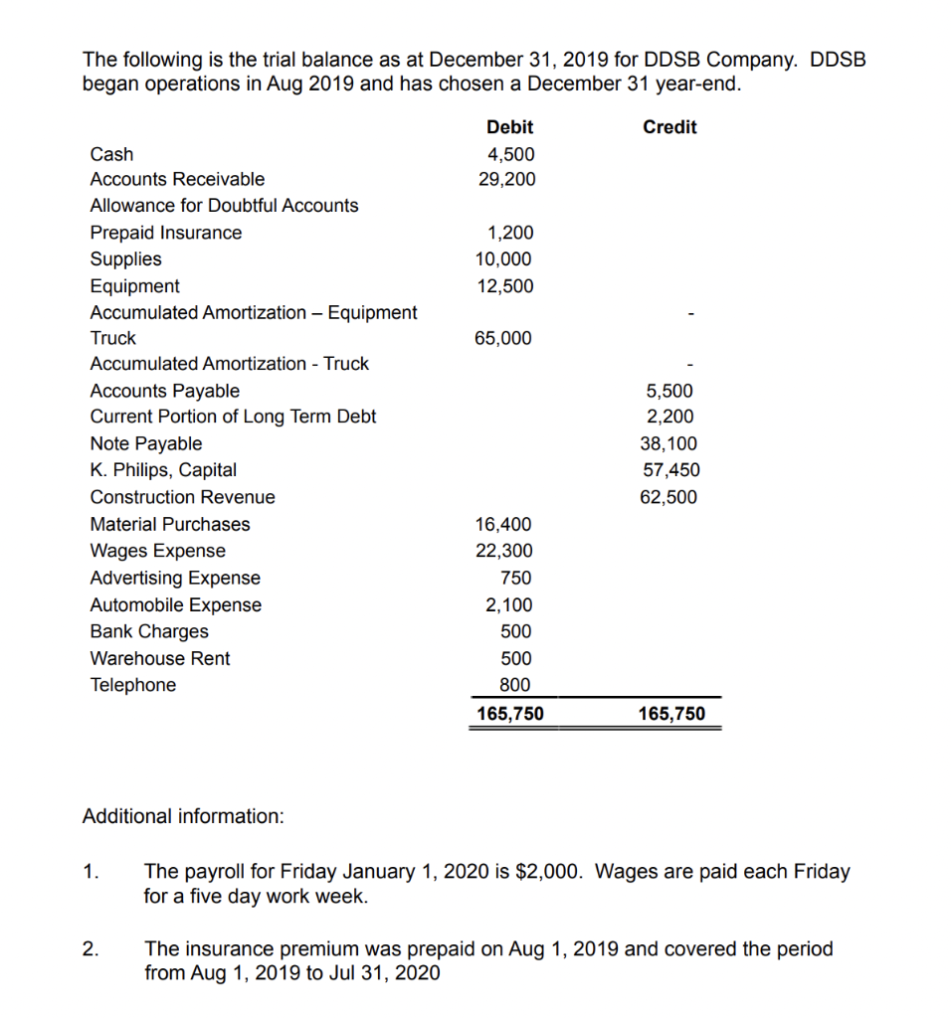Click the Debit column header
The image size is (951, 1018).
(x=509, y=127)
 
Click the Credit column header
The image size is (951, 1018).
(x=669, y=127)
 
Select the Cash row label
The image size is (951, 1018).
(x=111, y=154)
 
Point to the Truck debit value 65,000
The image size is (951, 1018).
(x=503, y=338)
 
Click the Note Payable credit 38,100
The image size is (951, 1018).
(x=670, y=443)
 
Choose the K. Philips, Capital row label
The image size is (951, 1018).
(x=163, y=469)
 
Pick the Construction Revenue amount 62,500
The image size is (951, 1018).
(x=670, y=497)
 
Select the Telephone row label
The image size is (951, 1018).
(x=132, y=685)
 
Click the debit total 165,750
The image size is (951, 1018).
(x=509, y=714)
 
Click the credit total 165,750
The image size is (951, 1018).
(x=670, y=714)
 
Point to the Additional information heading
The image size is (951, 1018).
(x=183, y=816)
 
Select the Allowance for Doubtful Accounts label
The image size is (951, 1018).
(x=224, y=206)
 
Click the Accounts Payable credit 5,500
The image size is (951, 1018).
(x=674, y=391)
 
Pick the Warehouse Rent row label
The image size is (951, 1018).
(x=159, y=658)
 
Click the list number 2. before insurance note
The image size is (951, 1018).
(x=90, y=948)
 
